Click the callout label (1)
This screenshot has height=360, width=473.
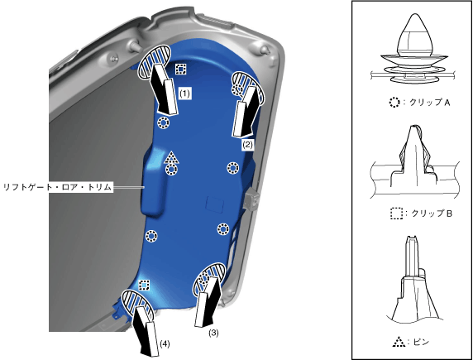pos(184,94)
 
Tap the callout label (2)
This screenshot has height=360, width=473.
pos(247,145)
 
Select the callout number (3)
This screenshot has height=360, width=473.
pos(213,333)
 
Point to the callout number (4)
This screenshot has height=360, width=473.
pos(165,343)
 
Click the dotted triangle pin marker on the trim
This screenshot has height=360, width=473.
pos(171,157)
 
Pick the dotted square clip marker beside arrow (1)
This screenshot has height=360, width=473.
pos(181,70)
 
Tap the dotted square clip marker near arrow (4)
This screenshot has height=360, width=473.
pos(144,285)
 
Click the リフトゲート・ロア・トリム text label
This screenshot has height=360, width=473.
pos(58,187)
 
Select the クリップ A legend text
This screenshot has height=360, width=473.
pos(430,103)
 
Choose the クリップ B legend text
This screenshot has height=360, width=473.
pos(432,214)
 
